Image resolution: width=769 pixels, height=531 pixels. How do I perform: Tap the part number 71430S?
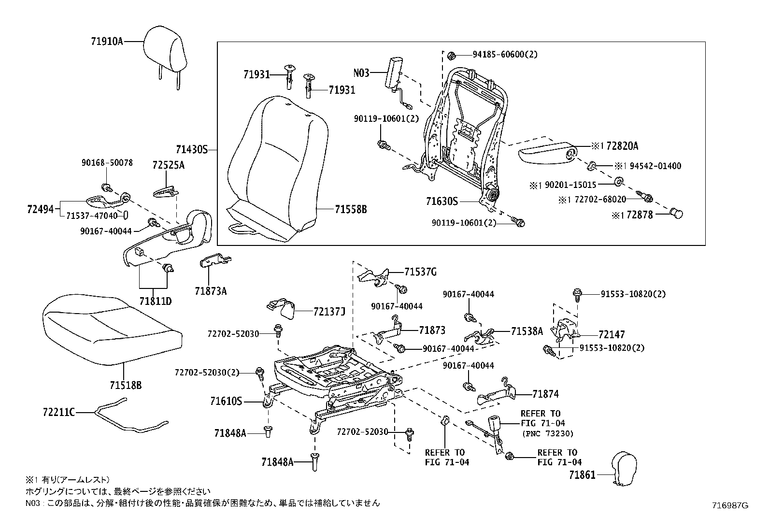pos(191,150)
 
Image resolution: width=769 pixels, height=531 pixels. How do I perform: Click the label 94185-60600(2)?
pos(498,55)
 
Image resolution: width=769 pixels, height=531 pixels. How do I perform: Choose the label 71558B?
pos(351,210)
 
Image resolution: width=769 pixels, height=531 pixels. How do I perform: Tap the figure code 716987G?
pos(729,506)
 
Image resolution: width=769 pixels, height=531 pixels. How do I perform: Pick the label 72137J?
pos(329,312)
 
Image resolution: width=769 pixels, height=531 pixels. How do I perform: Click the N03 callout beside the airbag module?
pos(361,73)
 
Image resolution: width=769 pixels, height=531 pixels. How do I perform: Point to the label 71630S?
pos(441,201)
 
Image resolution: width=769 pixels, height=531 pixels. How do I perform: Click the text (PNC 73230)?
pos(547,433)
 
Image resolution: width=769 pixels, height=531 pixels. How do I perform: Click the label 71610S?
pos(226,401)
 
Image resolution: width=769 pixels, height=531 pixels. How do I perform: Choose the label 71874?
pos(545,394)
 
